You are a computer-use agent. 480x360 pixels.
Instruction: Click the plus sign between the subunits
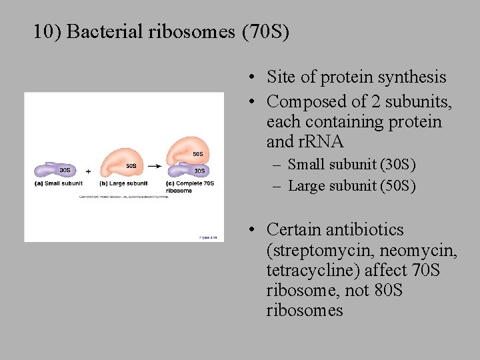pyautogui.click(x=89, y=171)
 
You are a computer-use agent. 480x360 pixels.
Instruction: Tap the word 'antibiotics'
pyautogui.click(x=366, y=230)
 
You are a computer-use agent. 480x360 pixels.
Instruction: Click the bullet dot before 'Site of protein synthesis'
pyautogui.click(x=254, y=78)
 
